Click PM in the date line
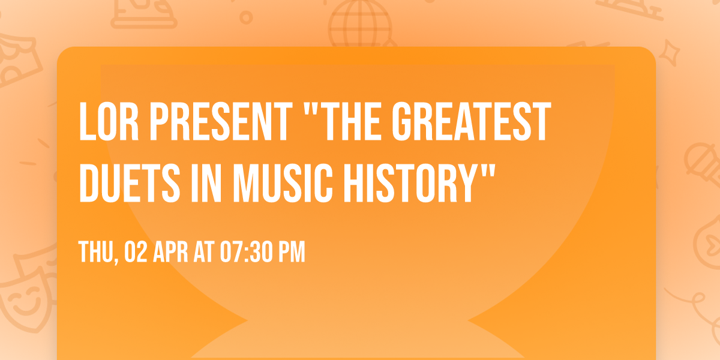pos(291,253)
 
